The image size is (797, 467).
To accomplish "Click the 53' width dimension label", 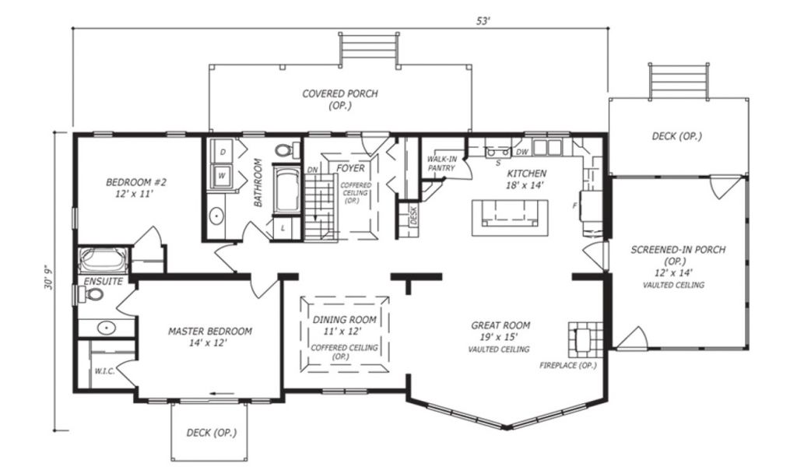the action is pos(483,21).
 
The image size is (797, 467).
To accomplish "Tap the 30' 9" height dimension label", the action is pos(48,277).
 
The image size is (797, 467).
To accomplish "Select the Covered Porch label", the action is pos(340,93).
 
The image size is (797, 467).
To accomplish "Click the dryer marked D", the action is pos(223,152).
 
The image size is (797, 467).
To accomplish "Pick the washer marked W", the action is pos(223,176).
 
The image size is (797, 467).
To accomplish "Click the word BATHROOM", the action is pos(258,182).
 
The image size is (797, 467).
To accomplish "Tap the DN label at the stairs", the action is pos(313,170).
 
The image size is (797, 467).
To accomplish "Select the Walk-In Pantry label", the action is pos(442,163).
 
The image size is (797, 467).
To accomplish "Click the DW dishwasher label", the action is pos(522,152).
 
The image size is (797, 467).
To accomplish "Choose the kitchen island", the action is pos(510,217).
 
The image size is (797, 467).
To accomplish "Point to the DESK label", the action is pos(413,216).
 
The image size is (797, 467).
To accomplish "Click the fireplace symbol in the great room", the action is pos(585,339).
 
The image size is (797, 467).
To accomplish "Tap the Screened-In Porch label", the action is pos(678,250).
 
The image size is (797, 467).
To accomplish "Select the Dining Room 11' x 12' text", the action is pos(344,325).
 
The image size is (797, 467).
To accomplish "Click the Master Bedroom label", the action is pos(210,332).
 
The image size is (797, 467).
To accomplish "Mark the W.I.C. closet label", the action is pos(105,371).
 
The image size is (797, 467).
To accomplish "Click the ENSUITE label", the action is pos(104,281).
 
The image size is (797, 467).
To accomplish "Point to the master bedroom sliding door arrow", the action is pos(222,393).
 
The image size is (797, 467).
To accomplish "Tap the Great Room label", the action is pos(500,325).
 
